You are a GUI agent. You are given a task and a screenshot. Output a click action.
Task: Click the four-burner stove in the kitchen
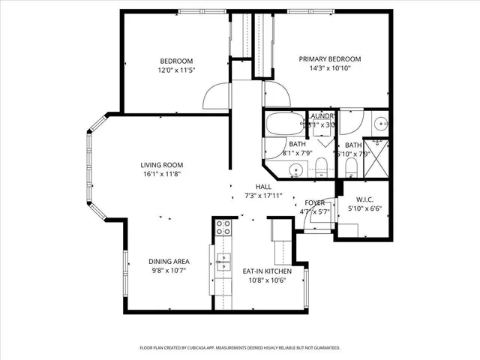[x=223, y=228]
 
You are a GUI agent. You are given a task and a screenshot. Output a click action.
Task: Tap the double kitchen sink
[x=223, y=261]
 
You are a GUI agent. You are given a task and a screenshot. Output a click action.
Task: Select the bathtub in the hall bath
[x=283, y=123]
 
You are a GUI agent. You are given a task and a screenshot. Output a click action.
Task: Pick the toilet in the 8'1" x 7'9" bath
[x=320, y=166]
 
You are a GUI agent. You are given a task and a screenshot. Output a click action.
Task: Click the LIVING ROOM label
[x=161, y=165]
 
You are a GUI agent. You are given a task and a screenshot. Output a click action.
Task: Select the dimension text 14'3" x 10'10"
[x=330, y=68]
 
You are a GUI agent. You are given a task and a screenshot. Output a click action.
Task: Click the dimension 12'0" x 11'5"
[x=176, y=70]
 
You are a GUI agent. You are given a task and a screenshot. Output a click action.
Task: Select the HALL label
[x=262, y=187]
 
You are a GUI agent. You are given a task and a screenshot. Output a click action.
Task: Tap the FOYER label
[x=314, y=203]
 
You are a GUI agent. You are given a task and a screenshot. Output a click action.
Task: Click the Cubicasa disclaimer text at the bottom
[x=240, y=348]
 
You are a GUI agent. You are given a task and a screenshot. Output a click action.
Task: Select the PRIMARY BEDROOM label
[x=330, y=58]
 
